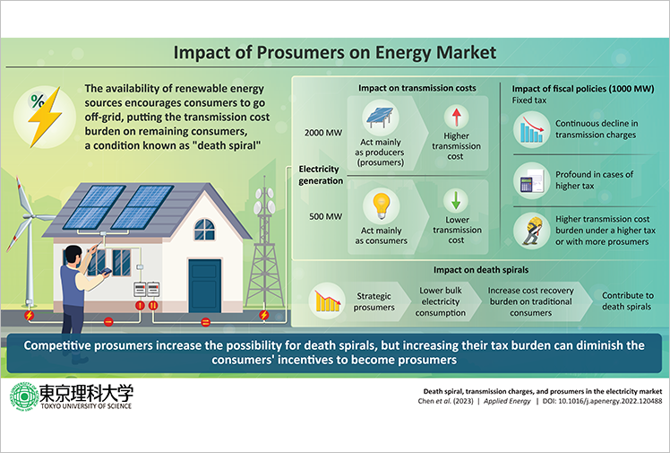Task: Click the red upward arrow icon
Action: (456, 117)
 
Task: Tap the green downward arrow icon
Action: (456, 200)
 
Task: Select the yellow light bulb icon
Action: (382, 205)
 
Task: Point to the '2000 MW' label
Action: (323, 133)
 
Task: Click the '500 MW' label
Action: (326, 216)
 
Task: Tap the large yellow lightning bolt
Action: (45, 117)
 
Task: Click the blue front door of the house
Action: (205, 285)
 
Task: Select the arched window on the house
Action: (205, 230)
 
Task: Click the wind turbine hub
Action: (28, 216)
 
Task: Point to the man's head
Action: (73, 256)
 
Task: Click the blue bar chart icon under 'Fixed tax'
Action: (531, 129)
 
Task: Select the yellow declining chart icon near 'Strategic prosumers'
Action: (327, 301)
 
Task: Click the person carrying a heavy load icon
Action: (531, 231)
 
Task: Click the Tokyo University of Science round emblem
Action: (24, 396)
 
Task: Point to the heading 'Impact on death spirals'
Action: (481, 270)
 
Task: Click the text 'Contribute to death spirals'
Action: (627, 301)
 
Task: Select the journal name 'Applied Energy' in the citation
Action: (507, 401)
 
